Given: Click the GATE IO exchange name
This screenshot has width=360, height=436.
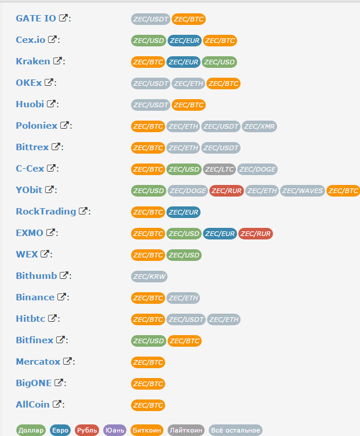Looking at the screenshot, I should pos(36,19).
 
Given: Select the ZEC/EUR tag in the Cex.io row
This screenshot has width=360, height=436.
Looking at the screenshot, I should pos(184,41).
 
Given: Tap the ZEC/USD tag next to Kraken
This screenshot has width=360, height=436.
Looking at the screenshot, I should pos(220,62).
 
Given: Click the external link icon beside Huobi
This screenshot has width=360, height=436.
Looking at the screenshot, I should pos(52,104).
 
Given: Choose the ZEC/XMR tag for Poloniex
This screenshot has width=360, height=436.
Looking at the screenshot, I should pos(259,126).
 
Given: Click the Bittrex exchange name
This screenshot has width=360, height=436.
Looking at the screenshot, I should pos(32,147).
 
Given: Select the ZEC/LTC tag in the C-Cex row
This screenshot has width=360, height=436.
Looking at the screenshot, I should pos(219,169).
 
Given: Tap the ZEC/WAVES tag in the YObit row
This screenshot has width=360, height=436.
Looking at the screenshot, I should pos(302,190).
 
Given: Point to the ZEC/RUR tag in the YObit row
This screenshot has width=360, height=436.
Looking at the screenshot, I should pos(226,190).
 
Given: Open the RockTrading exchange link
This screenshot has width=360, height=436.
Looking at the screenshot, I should pos(46,212).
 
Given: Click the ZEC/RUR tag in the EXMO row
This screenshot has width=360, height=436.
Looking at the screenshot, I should pos(255,234).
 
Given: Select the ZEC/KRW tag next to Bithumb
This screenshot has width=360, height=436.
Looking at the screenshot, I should pos(149,277).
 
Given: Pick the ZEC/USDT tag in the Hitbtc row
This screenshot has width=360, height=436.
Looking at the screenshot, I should pos(186,319).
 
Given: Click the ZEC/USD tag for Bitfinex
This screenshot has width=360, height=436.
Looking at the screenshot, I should pos(148,341).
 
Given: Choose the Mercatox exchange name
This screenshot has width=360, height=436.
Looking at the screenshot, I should pos(38,362).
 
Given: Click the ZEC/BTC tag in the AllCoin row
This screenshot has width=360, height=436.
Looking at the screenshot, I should pos(148,405).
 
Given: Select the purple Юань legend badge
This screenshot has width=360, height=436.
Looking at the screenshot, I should pos(115,430).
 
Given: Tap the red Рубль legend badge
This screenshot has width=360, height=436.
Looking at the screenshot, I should pos(87,430).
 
